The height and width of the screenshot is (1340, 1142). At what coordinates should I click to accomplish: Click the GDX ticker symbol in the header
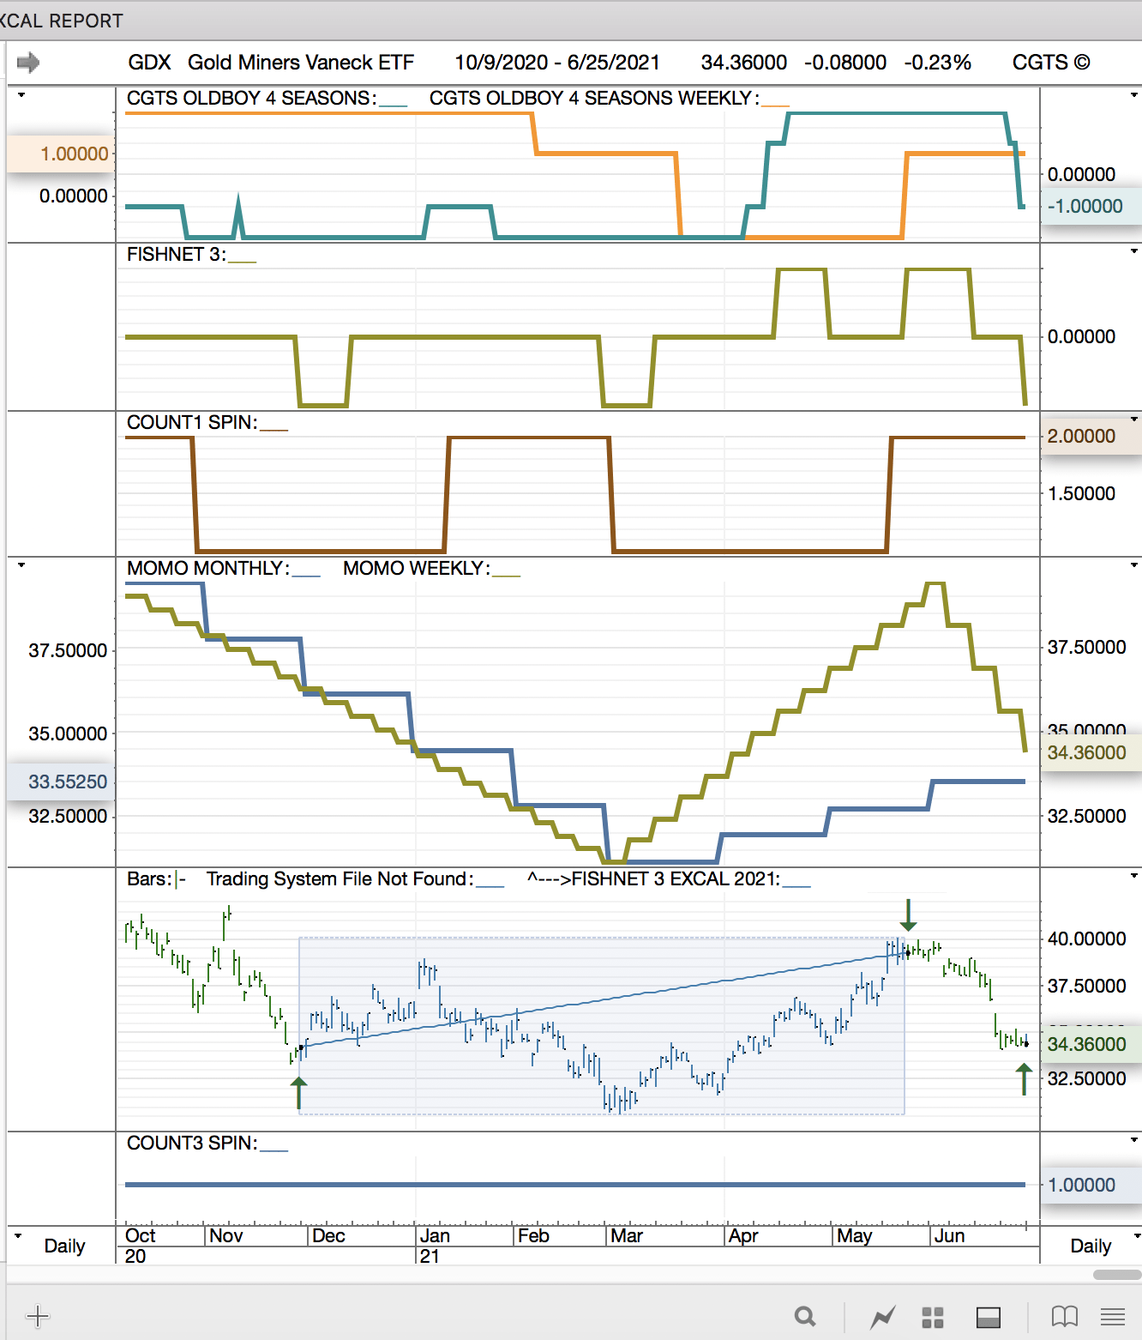(149, 63)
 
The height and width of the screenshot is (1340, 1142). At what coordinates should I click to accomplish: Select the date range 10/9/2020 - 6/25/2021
(556, 63)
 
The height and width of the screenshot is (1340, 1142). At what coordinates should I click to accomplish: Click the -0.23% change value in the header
(937, 63)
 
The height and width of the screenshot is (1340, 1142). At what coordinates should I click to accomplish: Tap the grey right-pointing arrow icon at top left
(28, 62)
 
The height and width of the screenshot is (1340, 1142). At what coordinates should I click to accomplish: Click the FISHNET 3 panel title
(177, 255)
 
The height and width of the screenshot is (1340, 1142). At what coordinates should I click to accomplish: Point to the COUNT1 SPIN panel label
(192, 423)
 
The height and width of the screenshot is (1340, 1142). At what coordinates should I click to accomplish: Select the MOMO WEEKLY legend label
(417, 569)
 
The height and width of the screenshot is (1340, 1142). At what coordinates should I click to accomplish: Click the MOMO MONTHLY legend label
(208, 569)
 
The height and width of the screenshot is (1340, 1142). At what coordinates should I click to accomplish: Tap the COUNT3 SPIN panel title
(192, 1144)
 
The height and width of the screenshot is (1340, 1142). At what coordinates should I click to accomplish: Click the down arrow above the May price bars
(908, 915)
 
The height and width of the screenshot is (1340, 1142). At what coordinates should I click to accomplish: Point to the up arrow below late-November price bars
(298, 1093)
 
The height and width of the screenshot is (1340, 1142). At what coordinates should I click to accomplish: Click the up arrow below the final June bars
(1024, 1079)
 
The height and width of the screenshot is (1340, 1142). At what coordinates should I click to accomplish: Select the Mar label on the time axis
(627, 1236)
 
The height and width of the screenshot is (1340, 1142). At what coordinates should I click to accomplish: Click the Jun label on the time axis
(949, 1236)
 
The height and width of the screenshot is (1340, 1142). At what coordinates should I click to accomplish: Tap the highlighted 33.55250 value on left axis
(68, 782)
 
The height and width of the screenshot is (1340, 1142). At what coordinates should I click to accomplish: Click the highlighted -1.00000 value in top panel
(1085, 207)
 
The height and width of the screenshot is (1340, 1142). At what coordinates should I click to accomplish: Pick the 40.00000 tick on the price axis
(1086, 939)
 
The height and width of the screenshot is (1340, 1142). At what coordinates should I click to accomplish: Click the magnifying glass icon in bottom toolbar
(804, 1316)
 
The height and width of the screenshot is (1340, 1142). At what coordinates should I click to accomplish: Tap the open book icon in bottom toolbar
(1064, 1316)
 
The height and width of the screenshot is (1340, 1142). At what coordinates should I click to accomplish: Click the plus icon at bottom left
(38, 1315)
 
